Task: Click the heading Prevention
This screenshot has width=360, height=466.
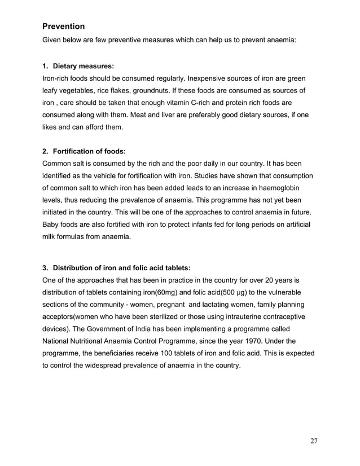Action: coord(64,27)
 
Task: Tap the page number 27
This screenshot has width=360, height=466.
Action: coord(314,441)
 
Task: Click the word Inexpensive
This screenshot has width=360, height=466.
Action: coord(225,78)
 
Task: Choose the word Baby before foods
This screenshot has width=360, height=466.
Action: coord(52,226)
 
